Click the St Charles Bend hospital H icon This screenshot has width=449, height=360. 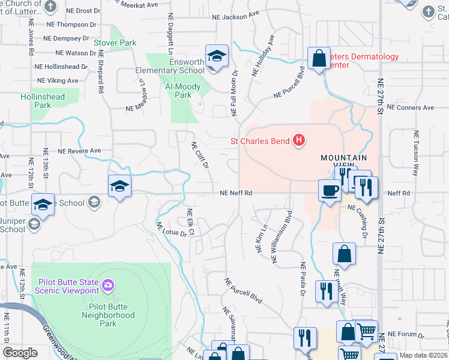(299, 142)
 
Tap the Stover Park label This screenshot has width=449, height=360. (115, 43)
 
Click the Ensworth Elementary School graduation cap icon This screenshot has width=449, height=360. (215, 57)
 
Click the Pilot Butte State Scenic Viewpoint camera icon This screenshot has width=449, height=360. (107, 284)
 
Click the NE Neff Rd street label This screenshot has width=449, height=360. (235, 193)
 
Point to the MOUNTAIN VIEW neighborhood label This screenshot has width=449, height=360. (343, 161)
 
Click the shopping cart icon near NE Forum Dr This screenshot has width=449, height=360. (366, 331)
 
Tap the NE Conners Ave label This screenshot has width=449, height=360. (411, 108)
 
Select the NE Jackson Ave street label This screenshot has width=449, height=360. (238, 17)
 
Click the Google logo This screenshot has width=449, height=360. (20, 353)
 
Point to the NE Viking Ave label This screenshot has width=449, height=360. (58, 80)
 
